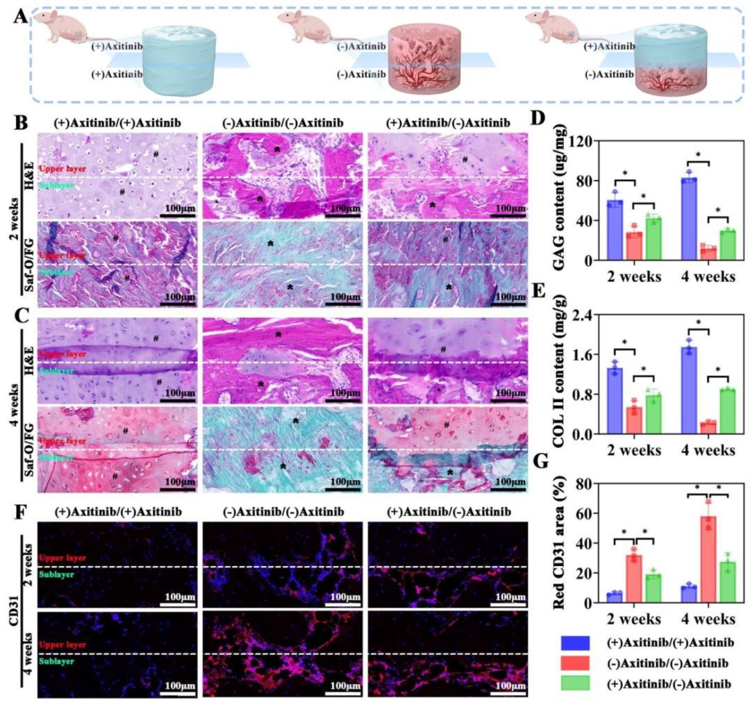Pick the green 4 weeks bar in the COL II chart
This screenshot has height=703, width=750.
[726, 412]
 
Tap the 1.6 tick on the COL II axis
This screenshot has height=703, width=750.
[585, 355]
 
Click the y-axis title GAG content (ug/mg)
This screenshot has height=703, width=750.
[562, 201]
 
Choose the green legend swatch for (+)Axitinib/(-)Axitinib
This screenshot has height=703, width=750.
[576, 684]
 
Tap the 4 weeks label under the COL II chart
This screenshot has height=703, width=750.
[707, 451]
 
